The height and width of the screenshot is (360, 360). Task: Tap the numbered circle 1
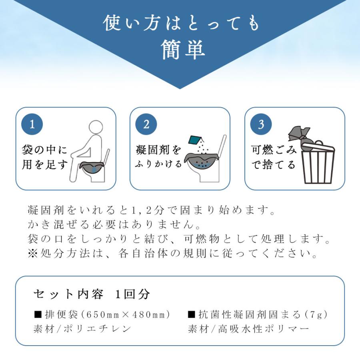[x=32, y=124]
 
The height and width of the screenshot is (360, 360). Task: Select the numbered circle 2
[x=146, y=124]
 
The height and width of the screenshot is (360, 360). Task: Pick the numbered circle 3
[x=261, y=124]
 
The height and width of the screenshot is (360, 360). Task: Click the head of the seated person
[x=96, y=128]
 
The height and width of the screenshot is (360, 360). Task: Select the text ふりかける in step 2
[x=159, y=164]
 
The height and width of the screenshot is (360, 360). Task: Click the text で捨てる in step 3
[x=274, y=164]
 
